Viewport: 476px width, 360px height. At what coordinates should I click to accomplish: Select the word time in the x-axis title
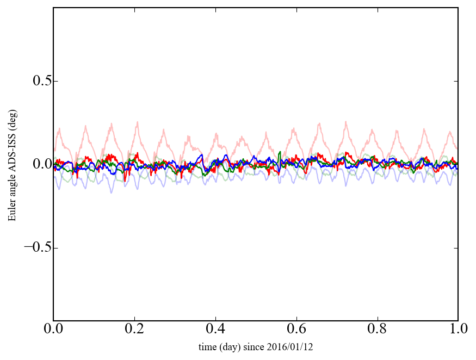click(x=207, y=347)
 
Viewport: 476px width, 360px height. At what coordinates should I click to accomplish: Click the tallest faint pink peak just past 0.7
click(x=345, y=122)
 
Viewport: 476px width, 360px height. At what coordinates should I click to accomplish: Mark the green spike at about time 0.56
click(x=280, y=152)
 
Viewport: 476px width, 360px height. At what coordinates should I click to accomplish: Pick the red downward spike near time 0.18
click(x=125, y=180)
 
